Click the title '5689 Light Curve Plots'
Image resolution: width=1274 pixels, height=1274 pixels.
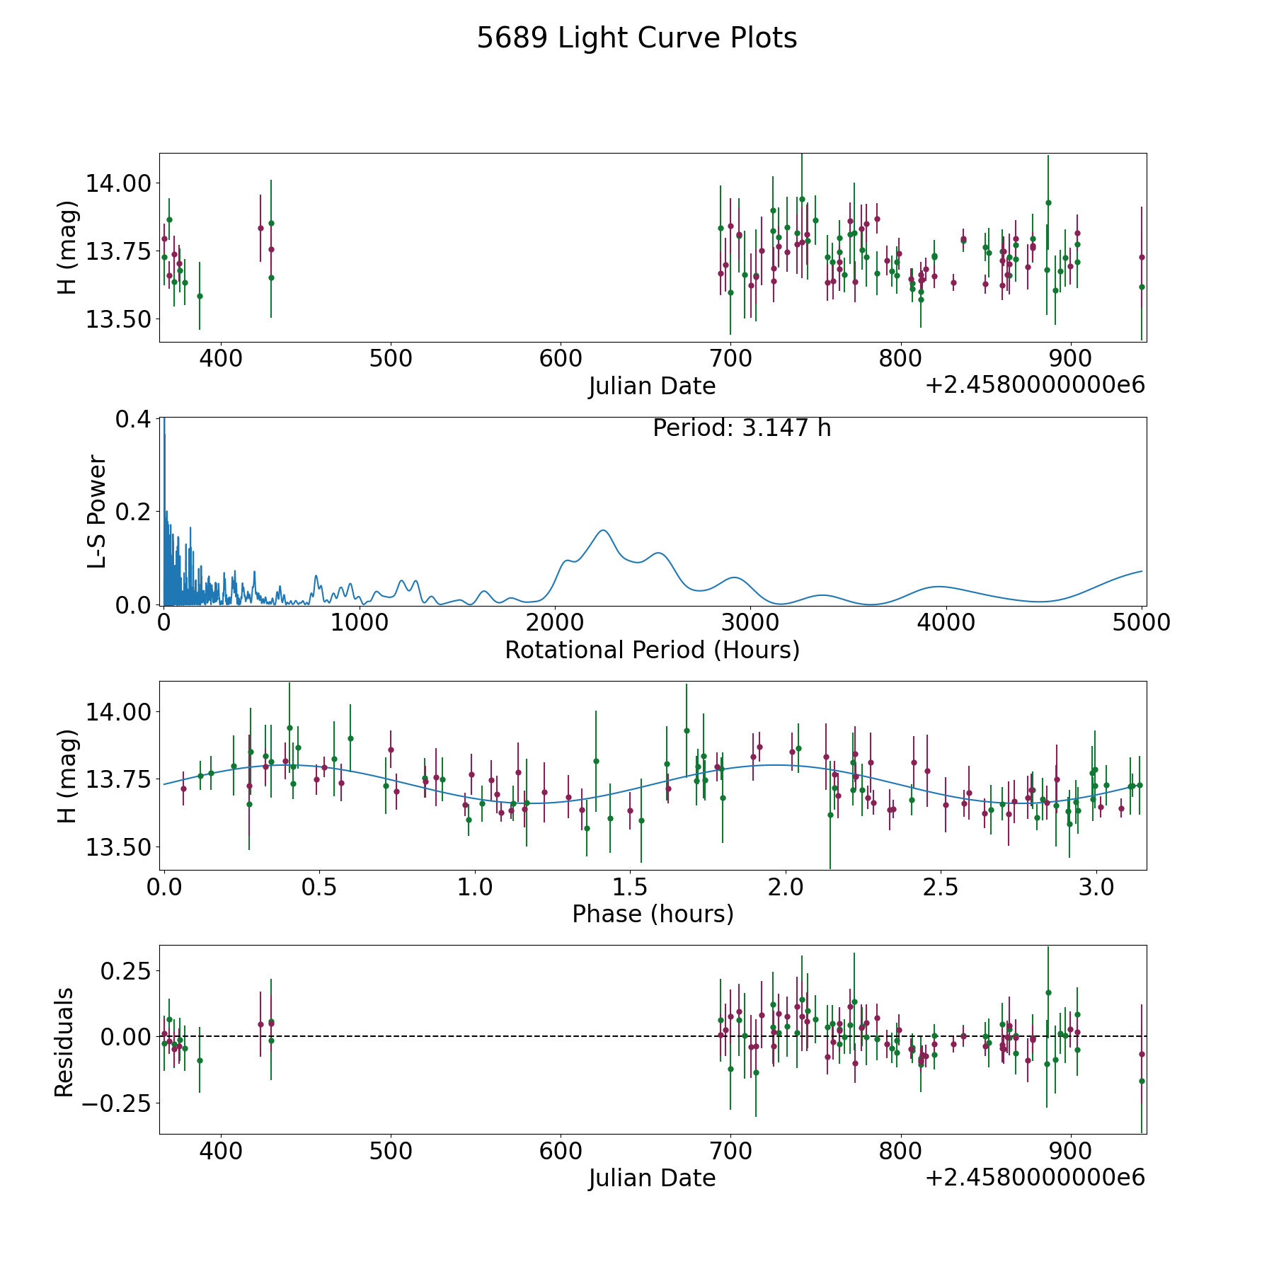636,38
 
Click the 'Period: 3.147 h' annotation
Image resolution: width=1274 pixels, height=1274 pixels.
741,428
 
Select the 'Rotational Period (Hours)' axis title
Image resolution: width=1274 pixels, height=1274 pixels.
652,650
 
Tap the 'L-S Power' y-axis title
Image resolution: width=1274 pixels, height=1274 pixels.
97,511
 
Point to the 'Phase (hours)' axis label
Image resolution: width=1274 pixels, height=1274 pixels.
652,914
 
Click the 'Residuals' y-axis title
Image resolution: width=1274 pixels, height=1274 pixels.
64,1042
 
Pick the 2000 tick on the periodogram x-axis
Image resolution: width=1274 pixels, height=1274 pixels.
556,622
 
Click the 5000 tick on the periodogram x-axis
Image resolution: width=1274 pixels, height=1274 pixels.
1142,622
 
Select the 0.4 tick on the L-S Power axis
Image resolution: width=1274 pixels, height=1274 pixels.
133,418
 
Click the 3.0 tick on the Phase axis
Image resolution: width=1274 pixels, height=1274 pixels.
1096,887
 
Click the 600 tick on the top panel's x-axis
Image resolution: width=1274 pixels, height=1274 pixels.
560,358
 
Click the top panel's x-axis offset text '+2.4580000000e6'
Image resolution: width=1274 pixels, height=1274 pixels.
1034,385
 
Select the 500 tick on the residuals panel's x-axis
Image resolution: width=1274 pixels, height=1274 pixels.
391,1151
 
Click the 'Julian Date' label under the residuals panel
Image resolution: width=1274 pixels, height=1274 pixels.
652,1178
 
